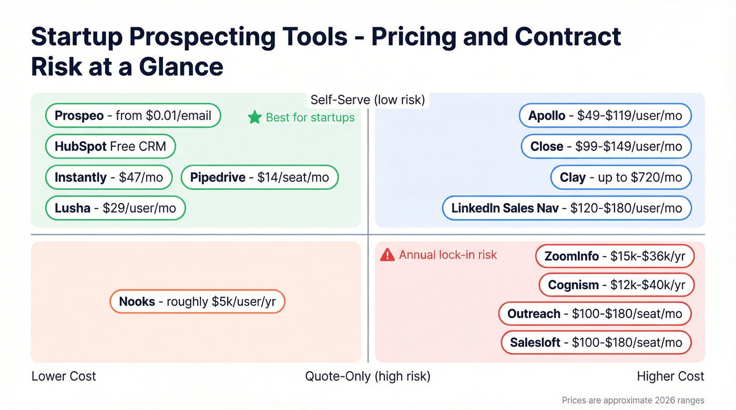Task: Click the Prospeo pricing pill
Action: [133, 115]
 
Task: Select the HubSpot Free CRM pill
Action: [110, 146]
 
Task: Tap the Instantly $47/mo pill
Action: [109, 177]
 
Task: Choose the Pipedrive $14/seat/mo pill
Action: [260, 177]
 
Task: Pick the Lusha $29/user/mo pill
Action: [115, 208]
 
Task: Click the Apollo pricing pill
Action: [605, 115]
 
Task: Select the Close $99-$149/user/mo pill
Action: [606, 146]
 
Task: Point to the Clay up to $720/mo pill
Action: [621, 177]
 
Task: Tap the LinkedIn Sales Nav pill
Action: [567, 208]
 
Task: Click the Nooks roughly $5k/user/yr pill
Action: [197, 302]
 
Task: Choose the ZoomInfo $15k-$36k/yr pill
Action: [615, 256]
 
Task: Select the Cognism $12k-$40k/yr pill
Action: [617, 285]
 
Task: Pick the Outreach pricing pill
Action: [595, 314]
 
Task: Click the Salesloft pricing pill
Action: [596, 343]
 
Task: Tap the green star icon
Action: [254, 117]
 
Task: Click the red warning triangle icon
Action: [387, 255]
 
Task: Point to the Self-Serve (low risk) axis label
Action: [367, 100]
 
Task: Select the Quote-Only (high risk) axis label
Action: [367, 376]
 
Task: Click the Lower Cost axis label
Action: [64, 376]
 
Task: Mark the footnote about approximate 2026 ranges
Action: [632, 401]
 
